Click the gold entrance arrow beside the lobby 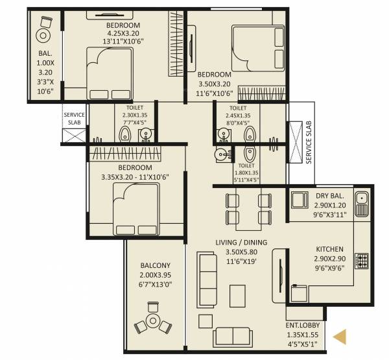point(340,336)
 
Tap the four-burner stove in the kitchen point(361,261)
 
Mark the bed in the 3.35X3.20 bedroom point(136,206)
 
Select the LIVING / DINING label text point(241,243)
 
